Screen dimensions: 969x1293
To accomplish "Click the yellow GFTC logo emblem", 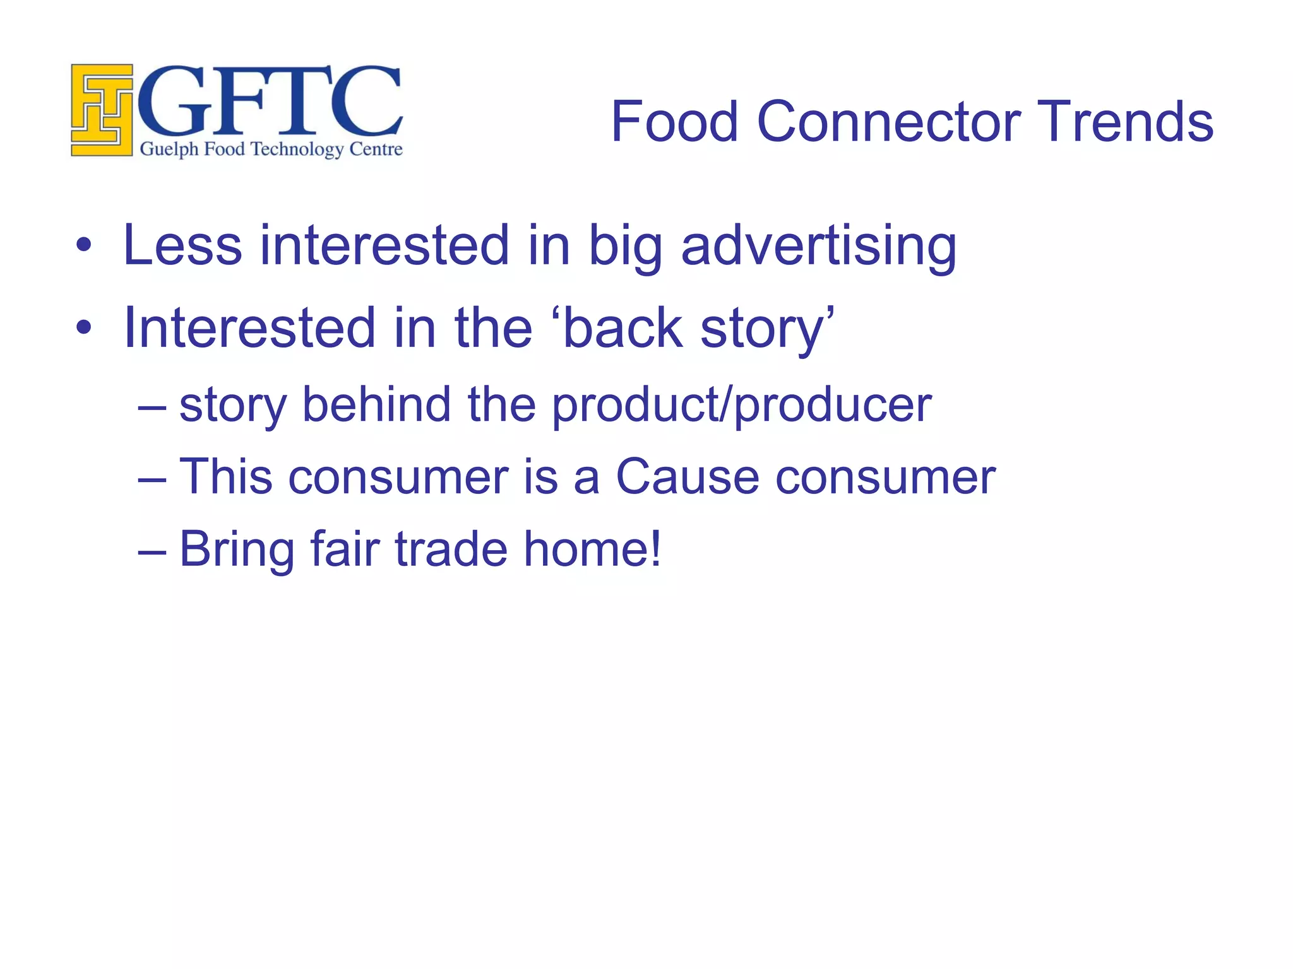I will tap(102, 110).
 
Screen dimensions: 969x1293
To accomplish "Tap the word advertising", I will tap(818, 246).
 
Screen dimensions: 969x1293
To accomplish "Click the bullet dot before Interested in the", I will tap(83, 328).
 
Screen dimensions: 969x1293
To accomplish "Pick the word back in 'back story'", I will tap(623, 328).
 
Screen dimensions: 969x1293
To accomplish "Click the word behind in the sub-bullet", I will tap(376, 404).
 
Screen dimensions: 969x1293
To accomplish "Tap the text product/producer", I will tap(742, 405).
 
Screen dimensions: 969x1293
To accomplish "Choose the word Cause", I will tap(687, 476).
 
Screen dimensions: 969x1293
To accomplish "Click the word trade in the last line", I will tap(451, 549).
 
